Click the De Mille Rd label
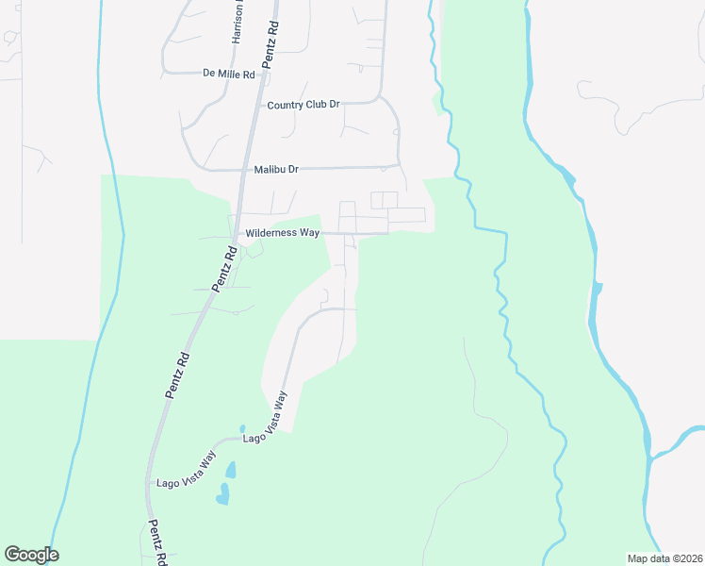point(229,73)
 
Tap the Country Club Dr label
point(303,105)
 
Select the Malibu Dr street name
point(276,170)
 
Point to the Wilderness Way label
point(282,232)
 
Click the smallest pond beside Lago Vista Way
point(242,428)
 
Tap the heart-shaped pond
point(223,494)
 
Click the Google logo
point(31,555)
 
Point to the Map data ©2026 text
point(664,558)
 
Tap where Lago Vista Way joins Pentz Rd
point(148,484)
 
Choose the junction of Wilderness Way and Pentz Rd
point(237,233)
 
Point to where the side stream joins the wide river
point(651,457)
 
